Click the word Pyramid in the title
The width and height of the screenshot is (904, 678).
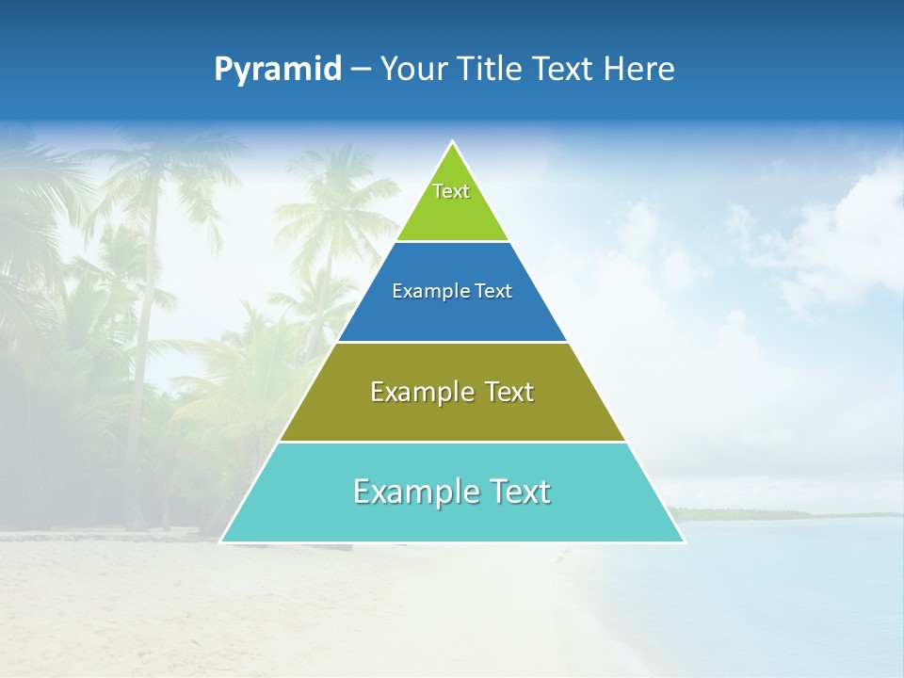pyautogui.click(x=278, y=70)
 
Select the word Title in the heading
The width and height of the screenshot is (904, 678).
pyautogui.click(x=490, y=70)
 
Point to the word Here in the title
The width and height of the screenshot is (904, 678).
pyautogui.click(x=639, y=70)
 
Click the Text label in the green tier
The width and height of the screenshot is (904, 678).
pyautogui.click(x=451, y=191)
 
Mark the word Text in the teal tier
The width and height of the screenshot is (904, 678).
pyautogui.click(x=520, y=492)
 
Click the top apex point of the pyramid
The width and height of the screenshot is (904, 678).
pyautogui.click(x=452, y=142)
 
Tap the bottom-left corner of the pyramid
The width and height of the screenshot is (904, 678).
pyautogui.click(x=221, y=541)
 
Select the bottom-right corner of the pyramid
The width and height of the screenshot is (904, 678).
pyautogui.click(x=684, y=541)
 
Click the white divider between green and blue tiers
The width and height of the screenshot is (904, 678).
pyautogui.click(x=452, y=242)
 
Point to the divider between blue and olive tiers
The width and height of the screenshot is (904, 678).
pyautogui.click(x=452, y=342)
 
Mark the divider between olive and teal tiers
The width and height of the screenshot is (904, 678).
pyautogui.click(x=452, y=442)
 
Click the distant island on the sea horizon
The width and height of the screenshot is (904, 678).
pyautogui.click(x=744, y=514)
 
